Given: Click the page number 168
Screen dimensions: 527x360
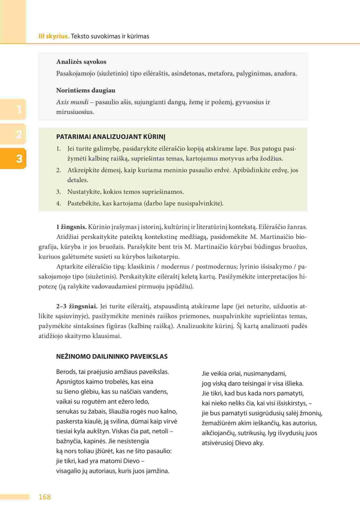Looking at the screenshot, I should [45, 497].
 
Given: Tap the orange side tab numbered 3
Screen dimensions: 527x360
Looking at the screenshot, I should [19, 158].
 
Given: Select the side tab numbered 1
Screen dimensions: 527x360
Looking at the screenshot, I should [19, 109].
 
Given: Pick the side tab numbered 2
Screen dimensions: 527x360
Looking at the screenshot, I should [19, 134].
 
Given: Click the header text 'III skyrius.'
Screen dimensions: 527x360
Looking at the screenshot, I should [54, 36].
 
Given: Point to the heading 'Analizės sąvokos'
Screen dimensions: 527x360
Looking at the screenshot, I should [81, 62].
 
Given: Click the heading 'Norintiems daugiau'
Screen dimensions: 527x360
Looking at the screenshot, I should [86, 90].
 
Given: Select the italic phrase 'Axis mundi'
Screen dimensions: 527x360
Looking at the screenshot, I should [72, 102].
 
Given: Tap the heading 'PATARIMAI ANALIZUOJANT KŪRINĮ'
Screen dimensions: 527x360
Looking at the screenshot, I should [111, 137].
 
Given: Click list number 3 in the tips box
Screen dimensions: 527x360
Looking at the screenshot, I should [58, 192].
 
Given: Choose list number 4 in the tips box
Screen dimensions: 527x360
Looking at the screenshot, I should [58, 203].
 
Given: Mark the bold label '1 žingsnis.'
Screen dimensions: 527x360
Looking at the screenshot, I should [71, 227].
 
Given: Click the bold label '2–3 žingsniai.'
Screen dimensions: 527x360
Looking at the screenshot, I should [77, 306].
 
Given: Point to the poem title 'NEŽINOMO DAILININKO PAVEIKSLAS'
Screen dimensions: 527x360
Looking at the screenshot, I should [112, 356].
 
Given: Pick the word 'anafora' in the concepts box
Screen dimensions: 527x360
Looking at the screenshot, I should [285, 73].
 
